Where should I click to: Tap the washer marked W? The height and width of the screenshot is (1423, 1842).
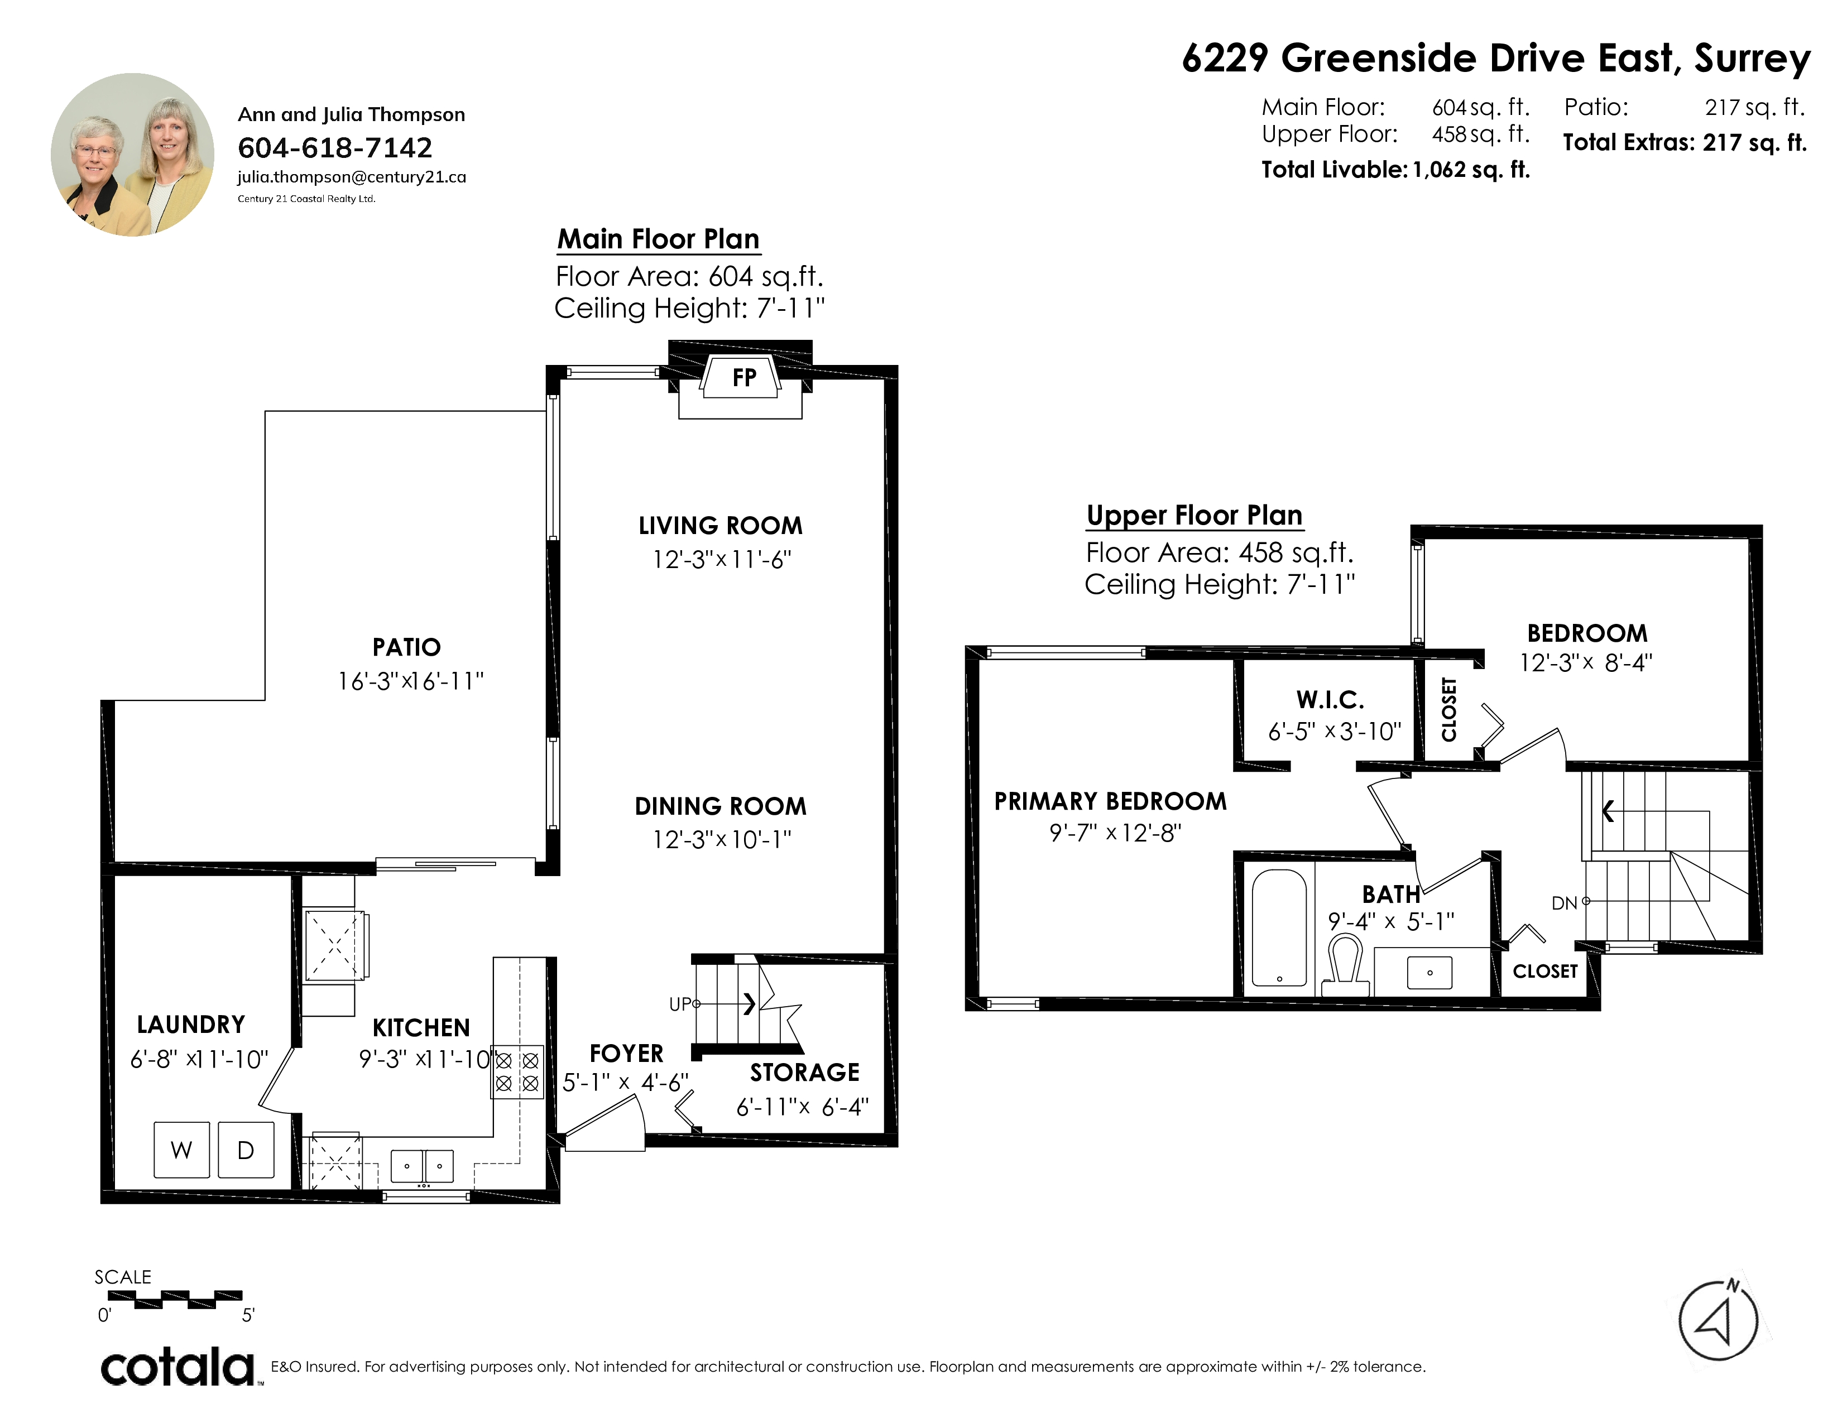[181, 1150]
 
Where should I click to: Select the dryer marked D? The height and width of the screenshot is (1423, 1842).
[246, 1150]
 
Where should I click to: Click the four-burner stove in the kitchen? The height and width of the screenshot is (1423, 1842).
[517, 1071]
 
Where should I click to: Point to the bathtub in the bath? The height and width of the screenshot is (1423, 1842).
[1279, 927]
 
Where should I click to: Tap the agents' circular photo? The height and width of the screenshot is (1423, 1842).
[132, 154]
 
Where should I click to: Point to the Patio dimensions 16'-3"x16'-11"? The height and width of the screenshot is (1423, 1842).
[411, 681]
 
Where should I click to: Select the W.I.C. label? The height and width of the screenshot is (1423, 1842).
[1330, 700]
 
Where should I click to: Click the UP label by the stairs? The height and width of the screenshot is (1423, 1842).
[680, 1004]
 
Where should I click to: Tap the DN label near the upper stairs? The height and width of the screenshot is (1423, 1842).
[1565, 903]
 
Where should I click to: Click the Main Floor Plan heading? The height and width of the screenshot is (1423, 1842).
[659, 239]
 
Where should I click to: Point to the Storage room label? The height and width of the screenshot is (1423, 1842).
[804, 1073]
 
